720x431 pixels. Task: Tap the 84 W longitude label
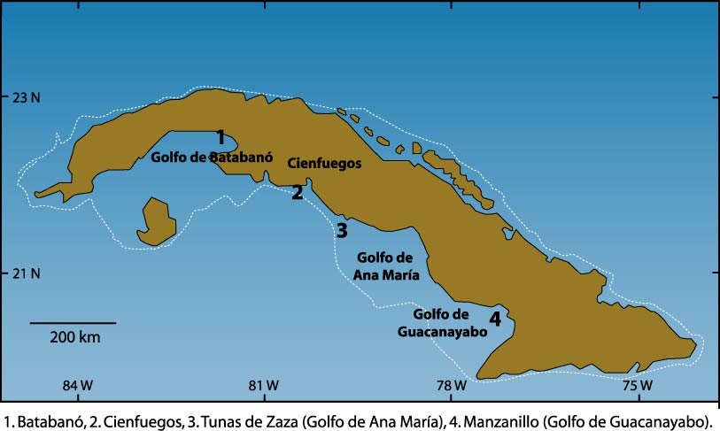pyautogui.click(x=77, y=385)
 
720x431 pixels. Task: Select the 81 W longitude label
pyautogui.click(x=264, y=385)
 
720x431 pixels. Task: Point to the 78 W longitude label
pyautogui.click(x=451, y=385)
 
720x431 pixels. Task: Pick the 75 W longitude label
pyautogui.click(x=638, y=385)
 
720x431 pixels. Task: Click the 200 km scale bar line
pyautogui.click(x=73, y=322)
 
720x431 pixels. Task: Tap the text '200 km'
pyautogui.click(x=74, y=337)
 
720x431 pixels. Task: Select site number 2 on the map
pyautogui.click(x=298, y=192)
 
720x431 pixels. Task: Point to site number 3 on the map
pyautogui.click(x=342, y=230)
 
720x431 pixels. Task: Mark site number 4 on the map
pyautogui.click(x=495, y=319)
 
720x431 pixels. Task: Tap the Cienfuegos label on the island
pyautogui.click(x=325, y=163)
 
